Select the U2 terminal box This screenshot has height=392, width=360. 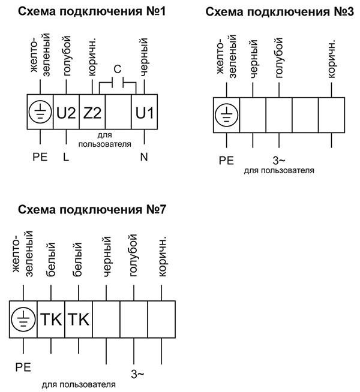pyautogui.click(x=66, y=113)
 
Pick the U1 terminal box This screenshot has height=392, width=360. pyautogui.click(x=145, y=113)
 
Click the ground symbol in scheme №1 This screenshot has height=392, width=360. pyautogui.click(x=40, y=113)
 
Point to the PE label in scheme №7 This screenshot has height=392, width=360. pyautogui.click(x=23, y=364)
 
